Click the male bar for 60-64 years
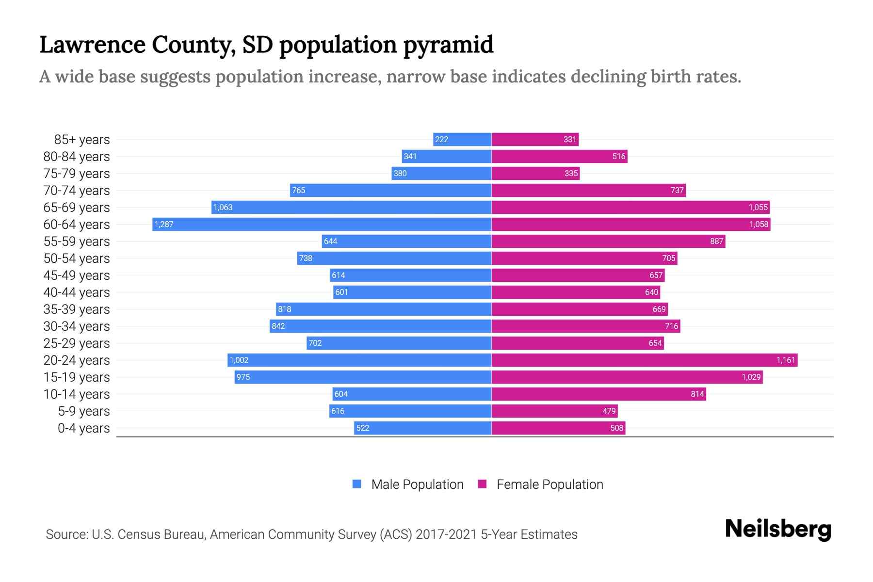[322, 224]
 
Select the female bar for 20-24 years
[644, 360]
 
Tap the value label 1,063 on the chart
[223, 208]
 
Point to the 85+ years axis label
[82, 140]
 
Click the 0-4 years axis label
[83, 428]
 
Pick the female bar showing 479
[554, 411]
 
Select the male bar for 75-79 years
[441, 173]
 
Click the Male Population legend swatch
[357, 484]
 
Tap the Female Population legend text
[550, 485]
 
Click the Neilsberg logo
[778, 529]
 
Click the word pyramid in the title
[449, 45]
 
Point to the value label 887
[716, 242]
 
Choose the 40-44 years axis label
[77, 292]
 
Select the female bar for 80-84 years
[559, 156]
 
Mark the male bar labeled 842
[381, 326]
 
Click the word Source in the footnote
[65, 534]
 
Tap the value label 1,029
[751, 377]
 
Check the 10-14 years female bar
[598, 394]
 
